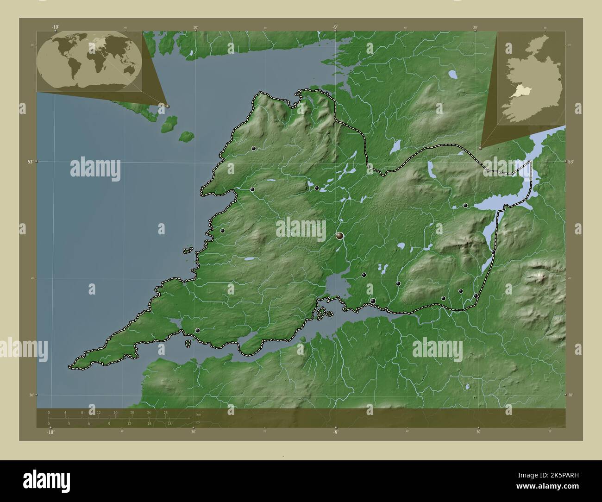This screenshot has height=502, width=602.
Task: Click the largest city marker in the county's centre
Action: point(340,236)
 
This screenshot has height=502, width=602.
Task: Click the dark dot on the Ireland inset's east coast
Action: point(560,80)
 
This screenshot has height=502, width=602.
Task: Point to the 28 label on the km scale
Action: point(165,412)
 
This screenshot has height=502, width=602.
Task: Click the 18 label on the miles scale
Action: point(170,423)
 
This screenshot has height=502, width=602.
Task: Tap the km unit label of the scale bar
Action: point(199,414)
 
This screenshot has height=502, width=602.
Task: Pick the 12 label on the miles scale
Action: point(130,423)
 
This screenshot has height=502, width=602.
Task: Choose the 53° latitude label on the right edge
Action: point(571,162)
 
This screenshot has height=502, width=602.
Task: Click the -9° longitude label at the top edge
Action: point(335,26)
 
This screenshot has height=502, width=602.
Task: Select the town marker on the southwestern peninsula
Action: point(198,331)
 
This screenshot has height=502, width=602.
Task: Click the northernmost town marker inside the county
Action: point(254,149)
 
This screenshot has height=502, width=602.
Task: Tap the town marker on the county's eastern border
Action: point(494,252)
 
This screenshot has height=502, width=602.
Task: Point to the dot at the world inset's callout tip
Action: point(168,106)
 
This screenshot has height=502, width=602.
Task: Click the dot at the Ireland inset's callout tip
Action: point(481,148)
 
